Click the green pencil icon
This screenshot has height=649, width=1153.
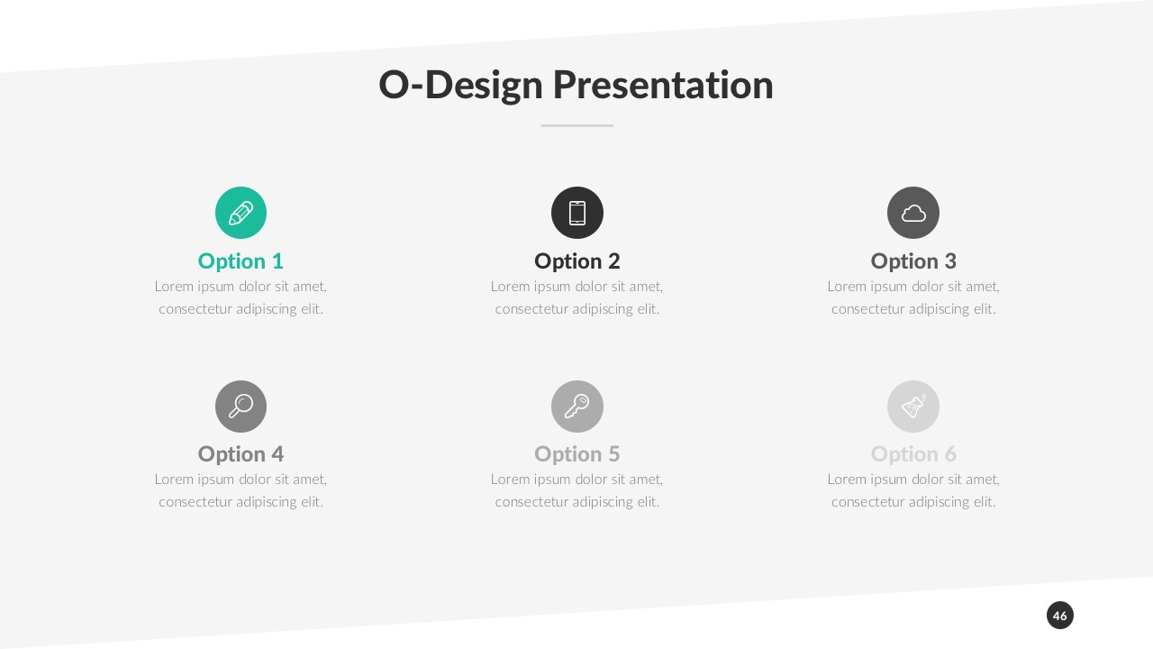[241, 213]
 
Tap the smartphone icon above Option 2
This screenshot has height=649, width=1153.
[576, 213]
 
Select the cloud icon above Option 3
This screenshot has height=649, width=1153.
[912, 213]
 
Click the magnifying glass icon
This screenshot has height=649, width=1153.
[241, 406]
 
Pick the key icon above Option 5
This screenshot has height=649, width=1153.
[576, 406]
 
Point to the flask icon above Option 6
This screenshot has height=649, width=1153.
[912, 406]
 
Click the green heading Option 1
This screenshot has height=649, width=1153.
[241, 261]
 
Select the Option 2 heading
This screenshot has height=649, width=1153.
[576, 261]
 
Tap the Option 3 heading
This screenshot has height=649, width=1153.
[912, 261]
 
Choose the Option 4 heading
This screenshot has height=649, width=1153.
[241, 453]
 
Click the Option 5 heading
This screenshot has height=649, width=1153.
[576, 453]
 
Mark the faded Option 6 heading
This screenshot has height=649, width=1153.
[912, 453]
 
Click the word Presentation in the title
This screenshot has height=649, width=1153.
[662, 85]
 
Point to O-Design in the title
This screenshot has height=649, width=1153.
[460, 85]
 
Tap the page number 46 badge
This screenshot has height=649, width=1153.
[1059, 616]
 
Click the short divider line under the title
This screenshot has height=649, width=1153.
[576, 125]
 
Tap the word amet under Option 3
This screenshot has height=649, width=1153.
[981, 287]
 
